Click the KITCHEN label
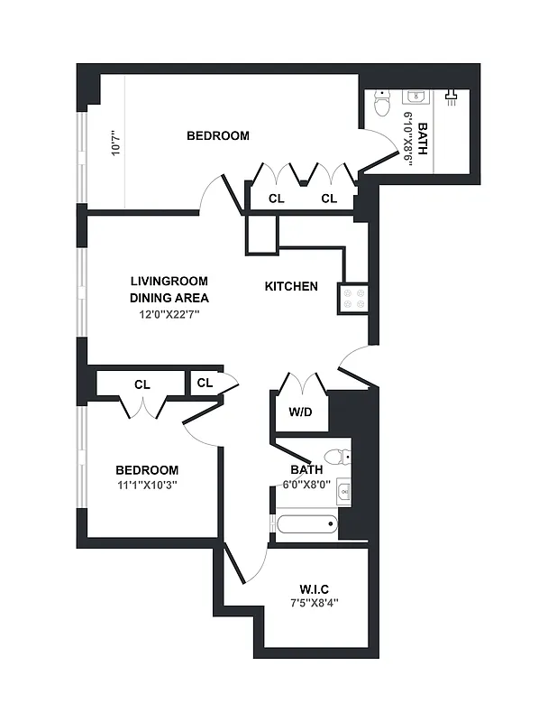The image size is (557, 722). tap(290, 286)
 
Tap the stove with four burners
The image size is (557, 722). tap(352, 298)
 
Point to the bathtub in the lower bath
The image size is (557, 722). tap(306, 523)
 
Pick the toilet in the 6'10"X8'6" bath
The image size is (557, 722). tap(381, 106)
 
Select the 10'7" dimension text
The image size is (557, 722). tap(114, 144)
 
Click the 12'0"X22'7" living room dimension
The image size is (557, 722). tap(169, 314)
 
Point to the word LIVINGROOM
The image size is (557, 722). tap(169, 281)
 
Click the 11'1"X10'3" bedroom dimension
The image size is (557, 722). tap(146, 485)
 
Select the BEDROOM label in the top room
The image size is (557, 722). tap(217, 135)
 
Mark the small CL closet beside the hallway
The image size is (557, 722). tap(205, 383)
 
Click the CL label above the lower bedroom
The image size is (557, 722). tap(142, 384)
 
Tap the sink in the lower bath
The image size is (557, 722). tap(343, 492)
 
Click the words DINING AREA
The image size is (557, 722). tap(169, 298)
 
